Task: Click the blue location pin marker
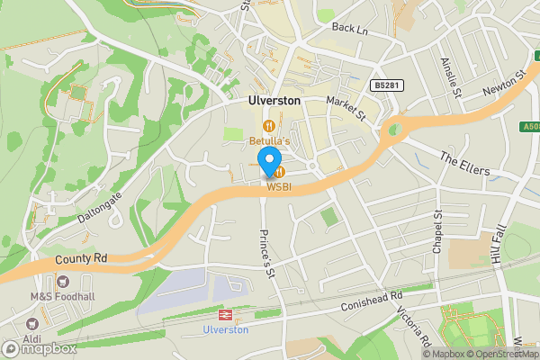point(268,162)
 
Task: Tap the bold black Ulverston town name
point(274,102)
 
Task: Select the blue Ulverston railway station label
point(225,330)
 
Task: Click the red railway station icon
point(225,315)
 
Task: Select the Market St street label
point(346,111)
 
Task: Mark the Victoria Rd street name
point(416,327)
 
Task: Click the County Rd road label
point(80,258)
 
